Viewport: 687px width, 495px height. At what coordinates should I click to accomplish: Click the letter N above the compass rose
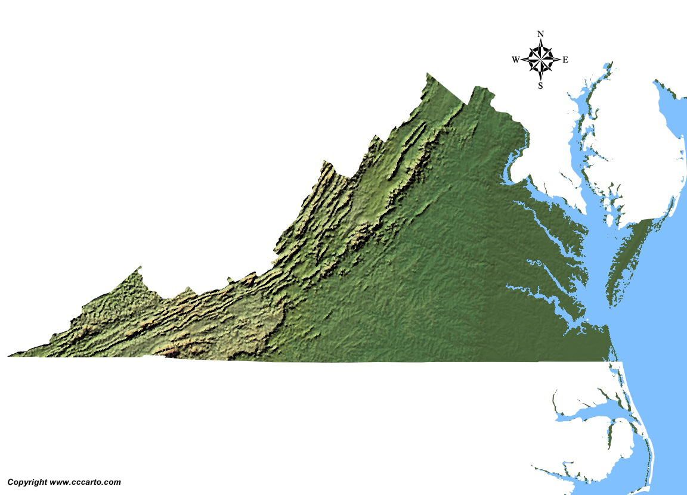pyautogui.click(x=540, y=34)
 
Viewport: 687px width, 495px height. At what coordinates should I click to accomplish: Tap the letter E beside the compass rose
pyautogui.click(x=565, y=60)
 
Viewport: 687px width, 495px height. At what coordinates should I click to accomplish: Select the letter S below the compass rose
pyautogui.click(x=540, y=86)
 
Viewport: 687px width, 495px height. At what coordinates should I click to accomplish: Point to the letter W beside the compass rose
pyautogui.click(x=515, y=60)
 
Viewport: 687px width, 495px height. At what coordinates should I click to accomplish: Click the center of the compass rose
pyautogui.click(x=540, y=60)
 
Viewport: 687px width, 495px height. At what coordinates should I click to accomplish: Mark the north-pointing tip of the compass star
pyautogui.click(x=540, y=41)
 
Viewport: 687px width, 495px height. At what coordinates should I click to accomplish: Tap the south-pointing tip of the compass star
pyautogui.click(x=540, y=79)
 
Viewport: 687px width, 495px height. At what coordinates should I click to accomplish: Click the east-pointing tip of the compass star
pyautogui.click(x=560, y=60)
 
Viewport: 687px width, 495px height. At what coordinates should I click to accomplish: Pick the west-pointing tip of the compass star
pyautogui.click(x=521, y=60)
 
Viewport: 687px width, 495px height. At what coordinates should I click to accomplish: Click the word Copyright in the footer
pyautogui.click(x=27, y=482)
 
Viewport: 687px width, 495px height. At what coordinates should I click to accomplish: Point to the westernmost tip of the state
pyautogui.click(x=9, y=356)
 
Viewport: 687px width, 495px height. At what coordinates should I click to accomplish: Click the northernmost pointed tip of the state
pyautogui.click(x=427, y=74)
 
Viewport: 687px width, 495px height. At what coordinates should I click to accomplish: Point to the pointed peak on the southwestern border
pyautogui.click(x=140, y=267)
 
